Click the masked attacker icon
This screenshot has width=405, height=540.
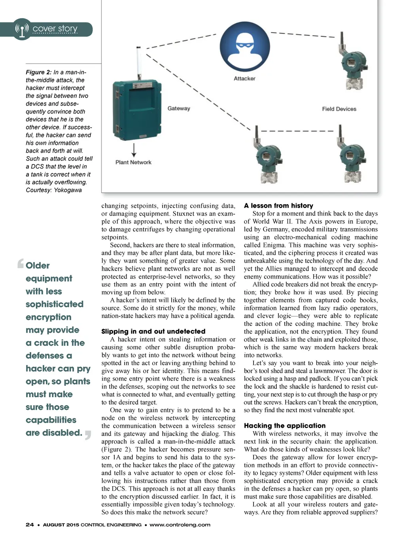[245, 47]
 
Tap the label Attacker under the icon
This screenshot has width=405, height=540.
[244, 78]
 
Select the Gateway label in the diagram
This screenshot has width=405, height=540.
[179, 108]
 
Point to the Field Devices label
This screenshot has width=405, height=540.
[339, 109]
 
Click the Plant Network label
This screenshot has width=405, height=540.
[133, 162]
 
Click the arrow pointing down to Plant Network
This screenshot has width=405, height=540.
[134, 150]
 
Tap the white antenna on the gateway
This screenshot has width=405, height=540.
[139, 63]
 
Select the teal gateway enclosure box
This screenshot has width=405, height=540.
[137, 111]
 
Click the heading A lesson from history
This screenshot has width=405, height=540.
[278, 206]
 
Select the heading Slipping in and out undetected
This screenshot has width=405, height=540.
[153, 332]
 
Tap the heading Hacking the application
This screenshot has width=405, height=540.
[285, 426]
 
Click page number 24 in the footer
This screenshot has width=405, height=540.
[30, 525]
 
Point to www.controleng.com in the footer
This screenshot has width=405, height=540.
[180, 525]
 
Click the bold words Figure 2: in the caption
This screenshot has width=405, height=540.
[39, 72]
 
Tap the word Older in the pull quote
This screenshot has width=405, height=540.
[38, 266]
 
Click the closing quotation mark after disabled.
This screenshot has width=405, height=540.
[88, 435]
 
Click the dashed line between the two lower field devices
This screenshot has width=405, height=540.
[297, 131]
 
